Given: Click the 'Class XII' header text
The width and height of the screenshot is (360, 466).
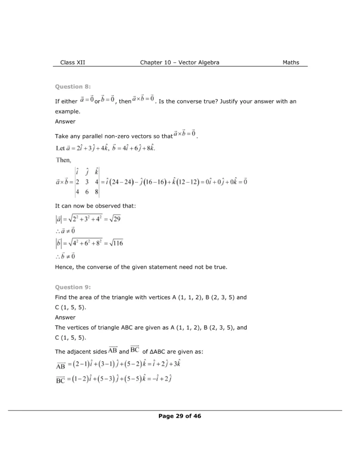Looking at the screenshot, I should (72, 62).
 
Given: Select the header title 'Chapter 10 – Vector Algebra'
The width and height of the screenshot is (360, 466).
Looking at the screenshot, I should (180, 62).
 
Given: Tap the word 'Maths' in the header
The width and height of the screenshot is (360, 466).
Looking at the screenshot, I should (291, 62).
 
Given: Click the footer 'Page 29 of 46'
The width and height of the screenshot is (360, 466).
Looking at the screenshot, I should (180, 415).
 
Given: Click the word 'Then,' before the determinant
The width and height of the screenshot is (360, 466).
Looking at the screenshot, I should (63, 160).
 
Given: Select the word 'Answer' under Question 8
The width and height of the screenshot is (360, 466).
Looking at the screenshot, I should (65, 122).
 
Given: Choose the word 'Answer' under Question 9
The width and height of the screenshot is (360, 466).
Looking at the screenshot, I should (65, 317).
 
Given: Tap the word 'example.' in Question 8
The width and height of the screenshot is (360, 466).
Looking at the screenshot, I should (67, 111).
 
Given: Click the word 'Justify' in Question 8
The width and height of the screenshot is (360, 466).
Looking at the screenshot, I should (231, 101).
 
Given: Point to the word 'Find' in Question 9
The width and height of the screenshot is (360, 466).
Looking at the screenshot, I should (61, 297).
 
